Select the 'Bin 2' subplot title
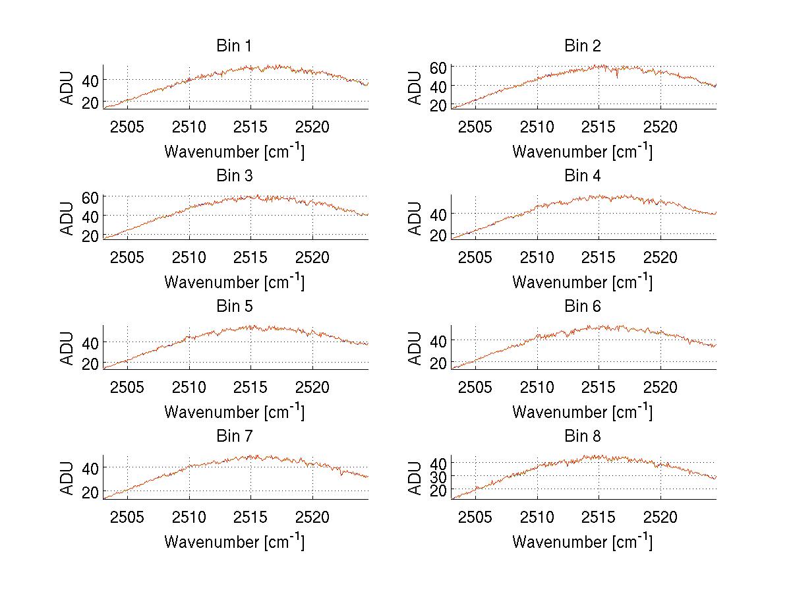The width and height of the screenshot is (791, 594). click(x=582, y=46)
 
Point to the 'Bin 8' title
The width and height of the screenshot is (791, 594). click(x=582, y=436)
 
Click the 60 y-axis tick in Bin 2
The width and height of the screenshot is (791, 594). click(x=438, y=67)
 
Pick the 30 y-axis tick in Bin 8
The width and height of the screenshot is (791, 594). click(x=438, y=476)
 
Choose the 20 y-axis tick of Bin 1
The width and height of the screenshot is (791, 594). click(x=90, y=102)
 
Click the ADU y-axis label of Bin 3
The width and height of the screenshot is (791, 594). click(x=68, y=218)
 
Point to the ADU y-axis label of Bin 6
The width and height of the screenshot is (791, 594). click(x=416, y=347)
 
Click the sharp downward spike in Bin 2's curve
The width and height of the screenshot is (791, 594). click(x=617, y=76)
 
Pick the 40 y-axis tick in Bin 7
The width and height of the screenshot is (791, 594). click(x=90, y=467)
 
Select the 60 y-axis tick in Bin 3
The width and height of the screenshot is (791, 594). click(x=90, y=197)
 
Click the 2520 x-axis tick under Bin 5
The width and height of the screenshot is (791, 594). click(x=312, y=386)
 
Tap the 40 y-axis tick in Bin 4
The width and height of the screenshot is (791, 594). click(x=438, y=214)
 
